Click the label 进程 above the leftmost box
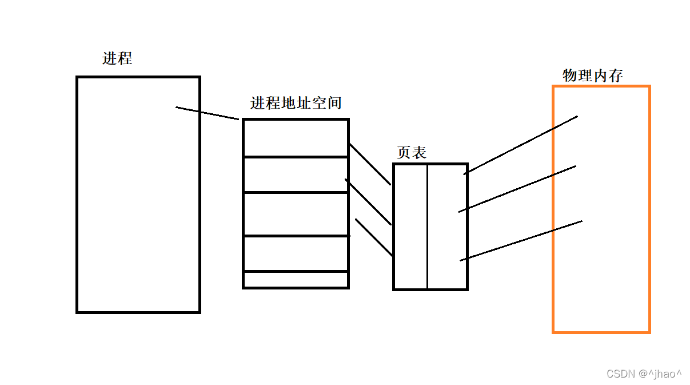(x=117, y=58)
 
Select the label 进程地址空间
(x=296, y=103)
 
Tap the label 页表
(x=412, y=152)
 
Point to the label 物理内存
(x=592, y=76)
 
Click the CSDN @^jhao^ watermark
(x=644, y=374)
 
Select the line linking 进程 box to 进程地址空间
(x=207, y=113)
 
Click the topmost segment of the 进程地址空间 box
(x=296, y=138)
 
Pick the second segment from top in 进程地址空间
(x=296, y=174)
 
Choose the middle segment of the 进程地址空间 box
(x=296, y=214)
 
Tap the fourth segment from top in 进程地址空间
(x=296, y=253)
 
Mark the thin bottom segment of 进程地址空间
(x=296, y=280)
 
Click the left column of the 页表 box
(x=410, y=227)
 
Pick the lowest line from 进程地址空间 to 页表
(x=374, y=237)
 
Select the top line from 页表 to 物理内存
(x=521, y=145)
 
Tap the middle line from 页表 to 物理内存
(x=517, y=189)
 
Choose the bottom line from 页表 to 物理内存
(x=521, y=241)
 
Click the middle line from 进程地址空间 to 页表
(x=368, y=202)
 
